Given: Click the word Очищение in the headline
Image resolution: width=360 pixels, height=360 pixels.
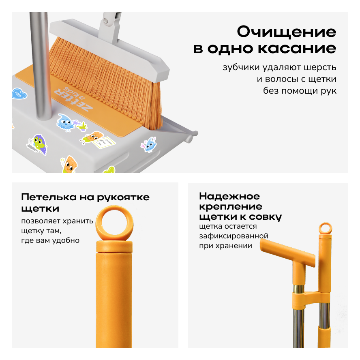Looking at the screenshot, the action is click(287, 32).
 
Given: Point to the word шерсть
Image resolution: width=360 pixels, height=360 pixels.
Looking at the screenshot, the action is click(320, 67).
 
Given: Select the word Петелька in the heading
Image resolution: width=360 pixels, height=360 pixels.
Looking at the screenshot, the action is click(49, 197).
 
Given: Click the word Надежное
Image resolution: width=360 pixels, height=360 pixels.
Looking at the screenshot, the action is click(229, 196).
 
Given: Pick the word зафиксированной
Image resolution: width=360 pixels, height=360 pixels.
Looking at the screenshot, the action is click(234, 236).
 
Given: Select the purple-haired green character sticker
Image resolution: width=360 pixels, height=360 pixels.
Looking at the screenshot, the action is click(38, 144).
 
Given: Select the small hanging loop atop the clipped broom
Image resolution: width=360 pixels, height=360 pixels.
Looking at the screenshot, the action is click(325, 228).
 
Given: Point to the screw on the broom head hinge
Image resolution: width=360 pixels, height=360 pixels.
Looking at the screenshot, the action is click(106, 21).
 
